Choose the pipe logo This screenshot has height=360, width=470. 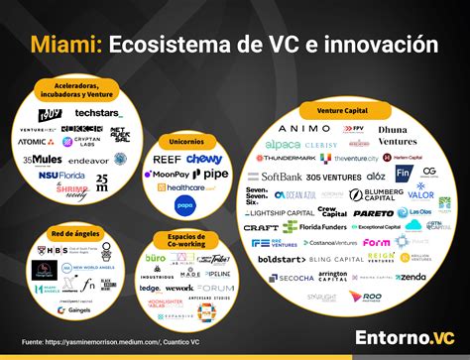click(x=215, y=174)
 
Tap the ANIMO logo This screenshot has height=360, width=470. click(x=298, y=128)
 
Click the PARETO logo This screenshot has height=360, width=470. click(x=372, y=212)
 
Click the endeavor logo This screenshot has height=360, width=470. click(x=89, y=160)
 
